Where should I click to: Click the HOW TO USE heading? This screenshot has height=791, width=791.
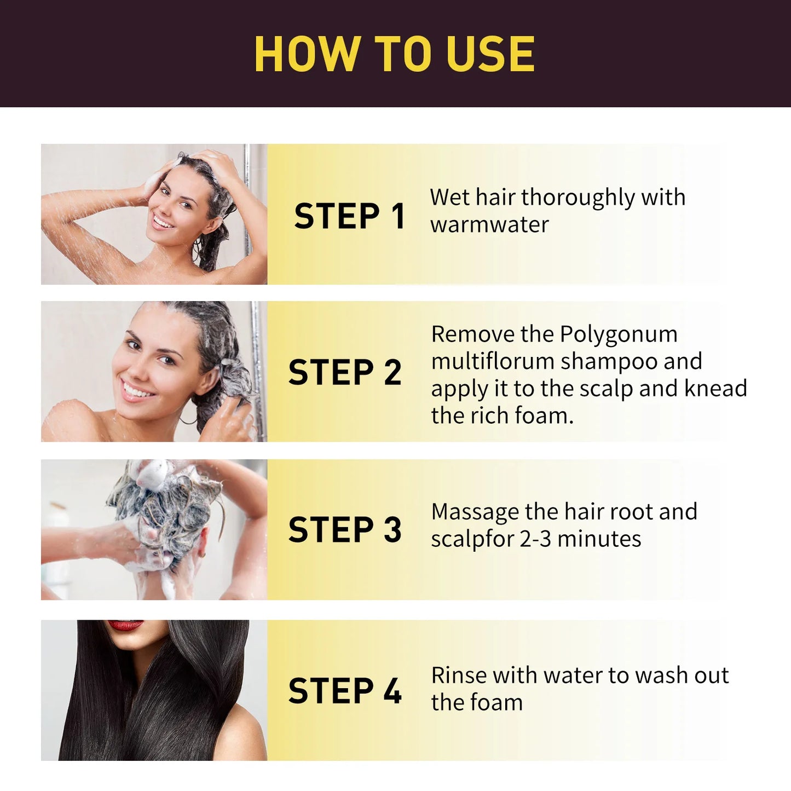394,54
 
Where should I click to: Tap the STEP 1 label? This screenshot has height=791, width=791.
349,216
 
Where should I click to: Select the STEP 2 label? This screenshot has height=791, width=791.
345,372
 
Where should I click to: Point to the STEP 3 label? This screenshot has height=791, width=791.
345,529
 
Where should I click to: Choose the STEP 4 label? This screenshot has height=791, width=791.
345,690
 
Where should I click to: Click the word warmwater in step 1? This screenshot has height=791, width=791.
489,224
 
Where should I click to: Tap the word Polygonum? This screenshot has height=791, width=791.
619,334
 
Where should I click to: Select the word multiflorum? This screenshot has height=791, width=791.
492,361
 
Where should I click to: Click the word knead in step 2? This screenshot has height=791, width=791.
715,389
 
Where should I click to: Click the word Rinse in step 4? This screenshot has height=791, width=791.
458,675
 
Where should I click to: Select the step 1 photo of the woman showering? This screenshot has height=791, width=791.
154,214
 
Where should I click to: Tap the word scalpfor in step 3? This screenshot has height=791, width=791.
472,539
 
